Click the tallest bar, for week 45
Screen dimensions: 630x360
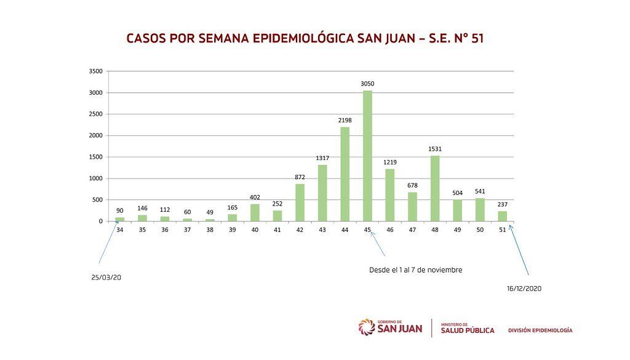(367, 156)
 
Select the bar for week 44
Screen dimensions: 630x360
(345, 174)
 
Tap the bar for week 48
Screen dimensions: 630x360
(435, 188)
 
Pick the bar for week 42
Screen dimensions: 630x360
(300, 202)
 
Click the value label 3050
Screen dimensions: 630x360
(367, 84)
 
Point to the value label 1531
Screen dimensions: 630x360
(435, 149)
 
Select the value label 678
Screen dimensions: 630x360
(412, 185)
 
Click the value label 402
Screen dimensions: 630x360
(255, 198)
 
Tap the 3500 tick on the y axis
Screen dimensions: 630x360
(95, 71)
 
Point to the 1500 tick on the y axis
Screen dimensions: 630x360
(95, 157)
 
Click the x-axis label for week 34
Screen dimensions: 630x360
(120, 230)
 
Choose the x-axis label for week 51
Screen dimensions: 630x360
(502, 230)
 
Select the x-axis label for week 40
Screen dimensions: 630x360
(255, 230)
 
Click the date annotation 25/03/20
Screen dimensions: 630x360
(106, 278)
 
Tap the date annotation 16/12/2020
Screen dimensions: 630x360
(524, 289)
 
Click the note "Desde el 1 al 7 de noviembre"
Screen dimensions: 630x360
(415, 270)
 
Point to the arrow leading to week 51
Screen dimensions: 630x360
(519, 250)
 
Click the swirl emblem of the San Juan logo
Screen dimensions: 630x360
(367, 327)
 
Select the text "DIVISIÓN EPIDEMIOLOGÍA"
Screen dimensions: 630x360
(540, 330)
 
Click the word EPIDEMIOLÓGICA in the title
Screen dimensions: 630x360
(303, 38)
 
